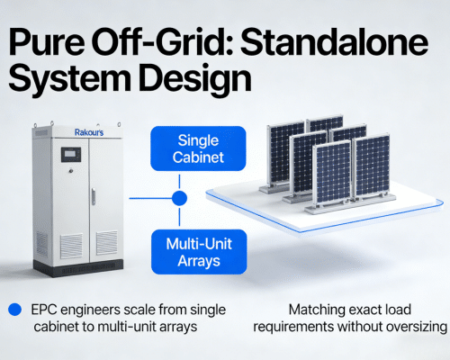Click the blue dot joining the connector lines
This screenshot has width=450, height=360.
[180, 197]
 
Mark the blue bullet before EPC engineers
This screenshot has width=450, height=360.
[13, 308]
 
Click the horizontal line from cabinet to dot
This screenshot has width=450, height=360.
[148, 197]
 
